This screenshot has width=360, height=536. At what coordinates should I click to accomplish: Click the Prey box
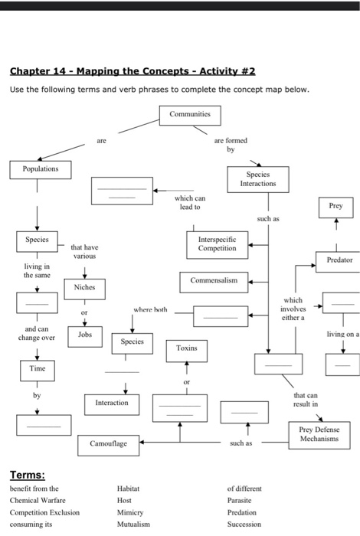coord(335,206)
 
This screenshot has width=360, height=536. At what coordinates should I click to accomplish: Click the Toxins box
coord(186,348)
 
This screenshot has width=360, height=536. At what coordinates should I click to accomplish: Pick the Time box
coord(38,369)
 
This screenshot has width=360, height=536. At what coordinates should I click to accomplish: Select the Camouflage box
coord(108,443)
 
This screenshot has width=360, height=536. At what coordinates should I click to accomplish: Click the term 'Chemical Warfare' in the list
coord(37,498)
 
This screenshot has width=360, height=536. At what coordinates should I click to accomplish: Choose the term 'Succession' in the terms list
coord(244,525)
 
